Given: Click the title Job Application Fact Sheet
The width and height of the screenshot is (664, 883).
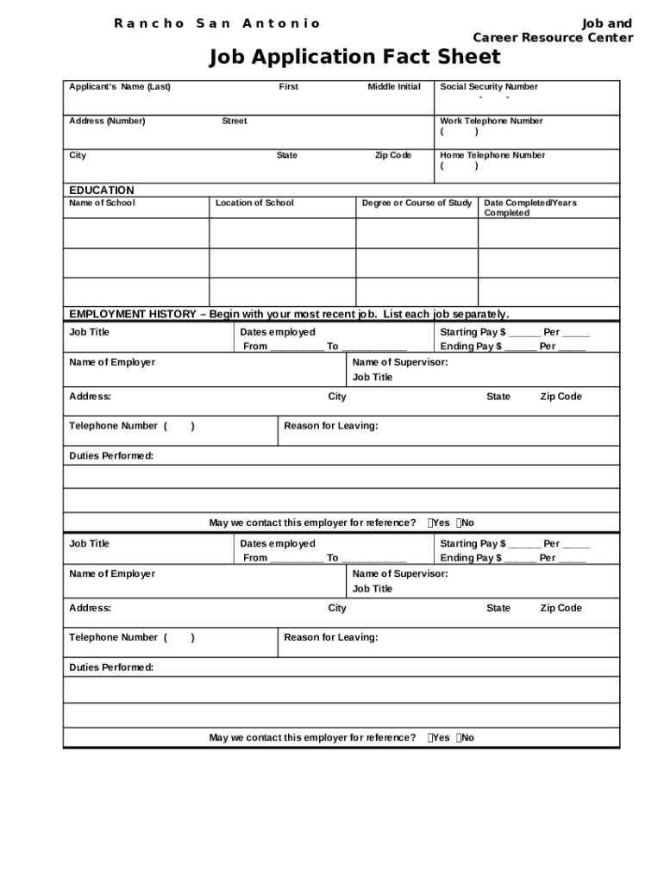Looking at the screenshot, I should (354, 58).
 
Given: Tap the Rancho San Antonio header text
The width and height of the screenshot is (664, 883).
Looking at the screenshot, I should (217, 23).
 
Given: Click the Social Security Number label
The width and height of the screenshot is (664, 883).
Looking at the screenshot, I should (488, 86).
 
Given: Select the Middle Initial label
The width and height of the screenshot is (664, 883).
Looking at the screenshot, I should (394, 86).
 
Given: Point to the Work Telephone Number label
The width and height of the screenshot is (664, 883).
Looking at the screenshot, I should (491, 121).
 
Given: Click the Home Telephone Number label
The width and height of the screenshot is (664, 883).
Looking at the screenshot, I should (492, 155).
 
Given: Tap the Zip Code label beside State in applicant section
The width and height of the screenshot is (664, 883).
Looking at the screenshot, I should (392, 155).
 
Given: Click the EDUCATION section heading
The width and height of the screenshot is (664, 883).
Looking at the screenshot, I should (102, 190).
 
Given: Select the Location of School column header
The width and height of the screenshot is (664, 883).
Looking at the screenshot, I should (254, 203).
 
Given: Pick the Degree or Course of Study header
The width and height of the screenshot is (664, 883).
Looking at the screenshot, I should (417, 203).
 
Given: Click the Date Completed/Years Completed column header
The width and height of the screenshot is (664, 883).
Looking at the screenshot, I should (529, 207).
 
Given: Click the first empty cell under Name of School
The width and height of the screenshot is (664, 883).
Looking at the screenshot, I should (136, 233).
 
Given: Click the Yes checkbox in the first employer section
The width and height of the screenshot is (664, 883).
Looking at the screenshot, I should (430, 523).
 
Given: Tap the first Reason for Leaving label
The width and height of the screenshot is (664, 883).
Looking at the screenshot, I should (330, 426).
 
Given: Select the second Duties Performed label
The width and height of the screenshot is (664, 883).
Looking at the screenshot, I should (111, 667).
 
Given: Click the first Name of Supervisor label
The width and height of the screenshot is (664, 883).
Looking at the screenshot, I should (400, 362).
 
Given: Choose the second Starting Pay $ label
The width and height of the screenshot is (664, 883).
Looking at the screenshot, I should (473, 543).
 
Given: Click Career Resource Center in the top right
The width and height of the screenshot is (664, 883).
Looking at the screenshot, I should (553, 38).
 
